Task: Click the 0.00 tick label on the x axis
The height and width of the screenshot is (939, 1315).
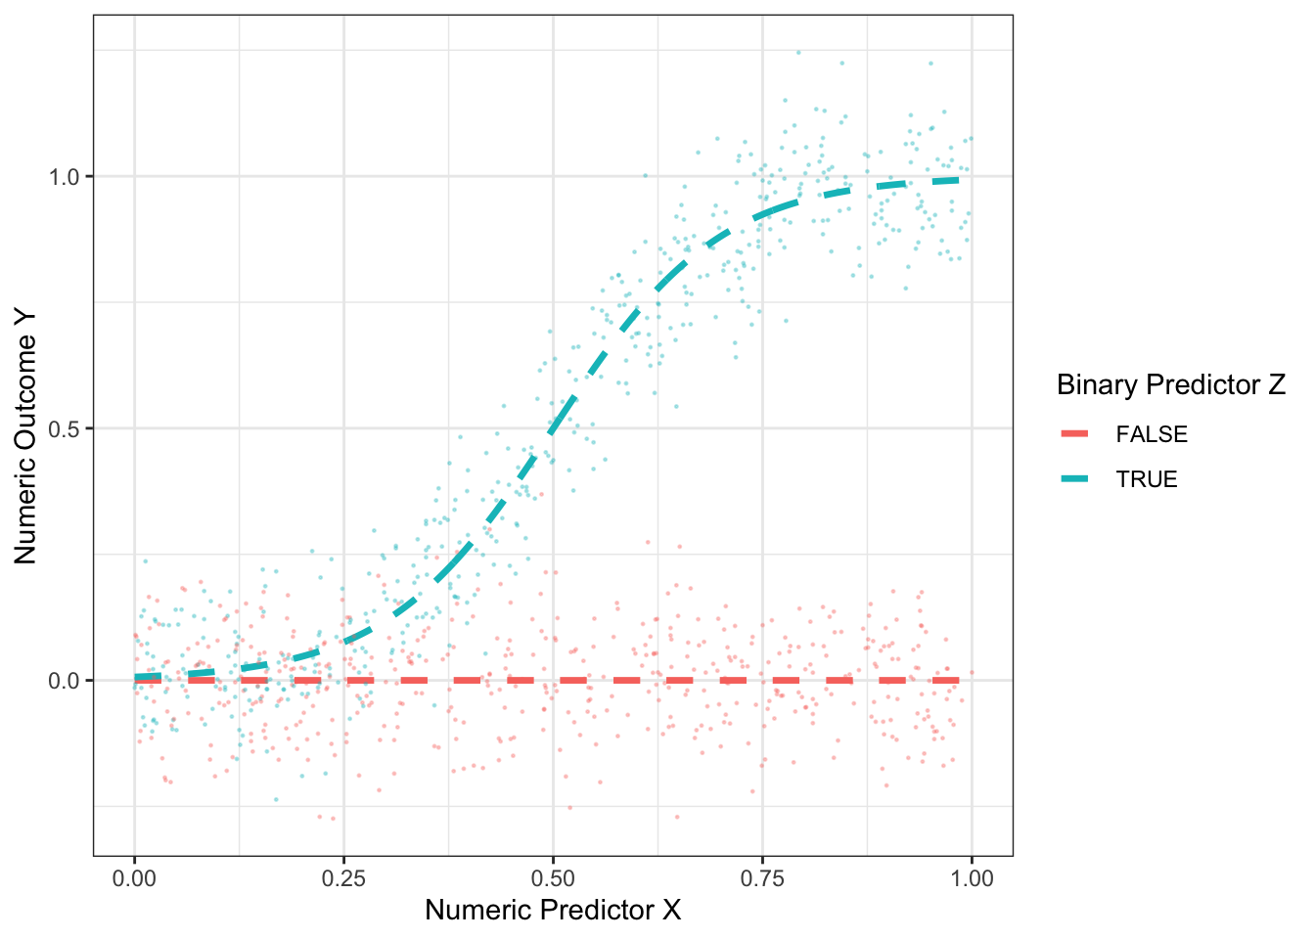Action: [134, 878]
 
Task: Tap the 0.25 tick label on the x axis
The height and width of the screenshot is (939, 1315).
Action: [343, 878]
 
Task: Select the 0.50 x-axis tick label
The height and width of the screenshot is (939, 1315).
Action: [553, 878]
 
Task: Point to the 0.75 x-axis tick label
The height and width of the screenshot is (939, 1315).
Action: [762, 878]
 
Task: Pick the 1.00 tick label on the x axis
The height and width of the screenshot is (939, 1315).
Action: [972, 878]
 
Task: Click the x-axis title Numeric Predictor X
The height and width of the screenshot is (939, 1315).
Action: [553, 911]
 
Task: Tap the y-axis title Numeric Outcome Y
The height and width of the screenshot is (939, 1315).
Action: [25, 436]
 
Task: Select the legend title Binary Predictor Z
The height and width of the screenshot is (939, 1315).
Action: [1171, 385]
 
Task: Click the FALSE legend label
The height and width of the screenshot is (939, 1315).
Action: [1152, 434]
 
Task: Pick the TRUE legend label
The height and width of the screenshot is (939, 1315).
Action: [1147, 479]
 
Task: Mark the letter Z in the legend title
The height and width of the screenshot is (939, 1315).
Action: [1276, 385]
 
